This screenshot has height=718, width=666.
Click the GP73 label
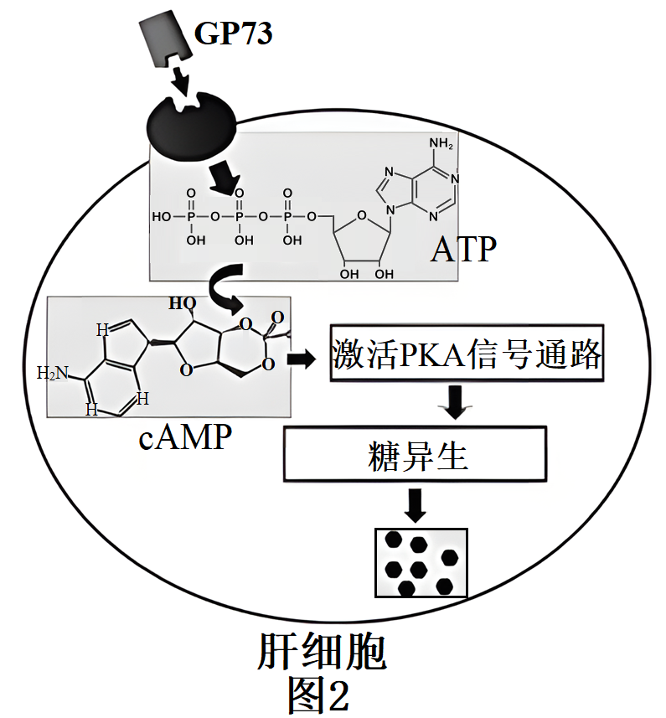coord(234,33)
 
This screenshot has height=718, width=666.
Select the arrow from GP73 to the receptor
coord(181,80)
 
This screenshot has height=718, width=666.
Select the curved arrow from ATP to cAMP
coord(219,288)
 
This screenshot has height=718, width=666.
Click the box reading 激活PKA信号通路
coord(467,354)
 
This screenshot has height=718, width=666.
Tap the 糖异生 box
coord(416,456)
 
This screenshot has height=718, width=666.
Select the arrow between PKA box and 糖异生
coord(456,402)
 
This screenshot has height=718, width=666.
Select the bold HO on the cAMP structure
coord(182,302)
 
